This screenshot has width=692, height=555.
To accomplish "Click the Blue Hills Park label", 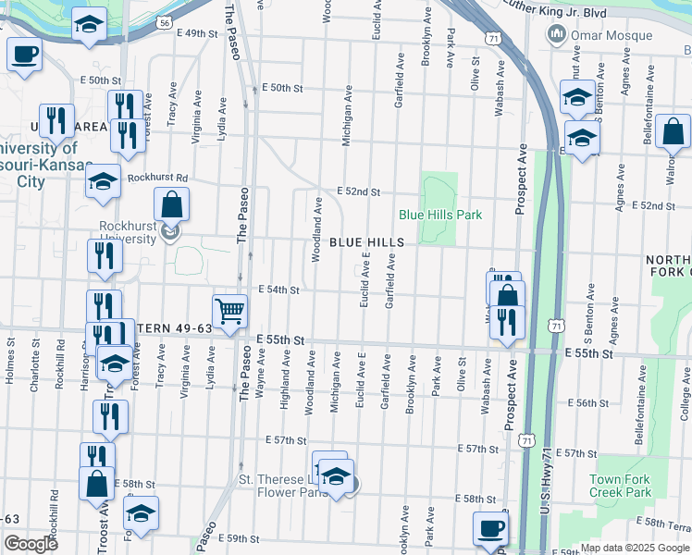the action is (x=440, y=215).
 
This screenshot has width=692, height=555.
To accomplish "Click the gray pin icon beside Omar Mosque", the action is (x=557, y=35).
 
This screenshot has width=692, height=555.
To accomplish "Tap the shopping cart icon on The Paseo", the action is (x=229, y=311).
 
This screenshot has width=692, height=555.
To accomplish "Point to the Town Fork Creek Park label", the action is (x=621, y=486).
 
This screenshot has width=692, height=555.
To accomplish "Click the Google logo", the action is (x=31, y=544).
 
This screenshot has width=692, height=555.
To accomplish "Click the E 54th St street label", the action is (x=278, y=290).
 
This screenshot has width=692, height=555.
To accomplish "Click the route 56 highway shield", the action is (x=164, y=20).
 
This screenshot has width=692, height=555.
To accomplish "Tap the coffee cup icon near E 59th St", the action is (x=490, y=529).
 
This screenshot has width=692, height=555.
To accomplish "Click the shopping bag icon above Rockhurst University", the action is (x=172, y=203).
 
